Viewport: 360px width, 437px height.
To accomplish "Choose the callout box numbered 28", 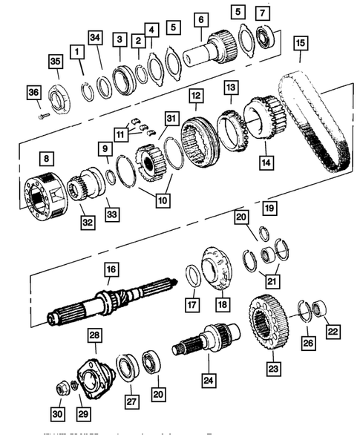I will [x=95, y=337].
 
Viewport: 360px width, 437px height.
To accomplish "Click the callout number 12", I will [x=196, y=96].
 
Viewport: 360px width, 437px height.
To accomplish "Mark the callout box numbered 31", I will [x=172, y=119].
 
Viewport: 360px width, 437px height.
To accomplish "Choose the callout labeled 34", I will [x=94, y=38].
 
